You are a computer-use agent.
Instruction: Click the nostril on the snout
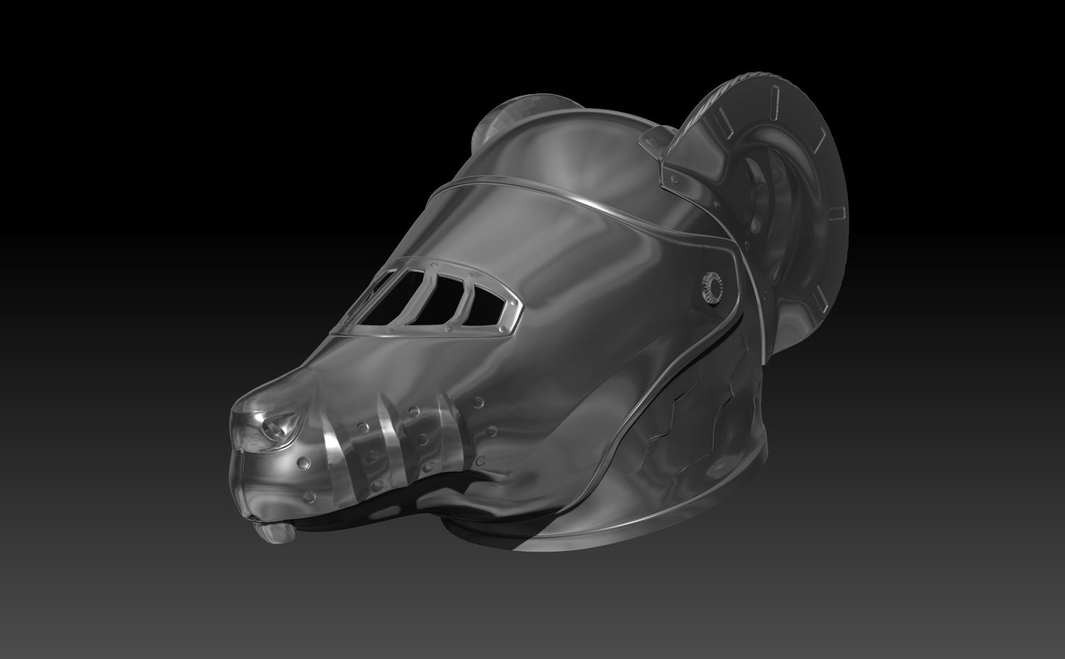click(273, 427)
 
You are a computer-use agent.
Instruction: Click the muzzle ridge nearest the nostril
click(333, 457)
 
